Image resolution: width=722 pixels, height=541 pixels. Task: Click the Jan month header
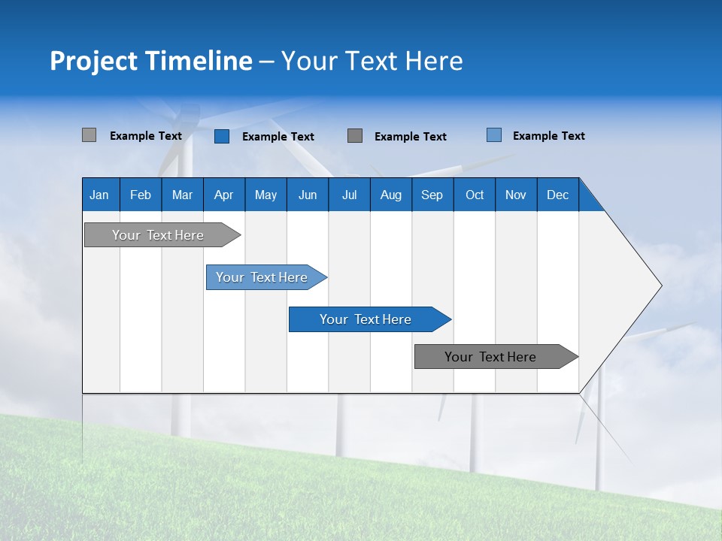(x=100, y=195)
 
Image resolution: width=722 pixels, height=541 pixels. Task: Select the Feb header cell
(x=141, y=195)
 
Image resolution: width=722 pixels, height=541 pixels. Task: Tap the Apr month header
(x=224, y=195)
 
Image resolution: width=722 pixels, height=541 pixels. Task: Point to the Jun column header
(x=308, y=195)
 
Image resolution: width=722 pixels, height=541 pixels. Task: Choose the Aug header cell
(x=391, y=195)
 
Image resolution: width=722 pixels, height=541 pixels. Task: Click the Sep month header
(x=432, y=195)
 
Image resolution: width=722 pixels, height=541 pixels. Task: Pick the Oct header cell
(x=475, y=195)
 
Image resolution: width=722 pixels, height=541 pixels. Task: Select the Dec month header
(x=558, y=195)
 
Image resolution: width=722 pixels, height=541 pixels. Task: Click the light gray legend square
(x=89, y=135)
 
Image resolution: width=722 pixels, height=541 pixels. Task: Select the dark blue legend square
(x=222, y=136)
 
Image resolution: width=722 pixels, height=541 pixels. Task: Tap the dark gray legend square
(x=355, y=135)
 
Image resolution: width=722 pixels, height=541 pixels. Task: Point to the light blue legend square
(x=494, y=135)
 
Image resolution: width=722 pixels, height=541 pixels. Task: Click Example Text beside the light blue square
(x=548, y=136)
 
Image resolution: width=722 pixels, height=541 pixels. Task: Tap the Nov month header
(x=516, y=195)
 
